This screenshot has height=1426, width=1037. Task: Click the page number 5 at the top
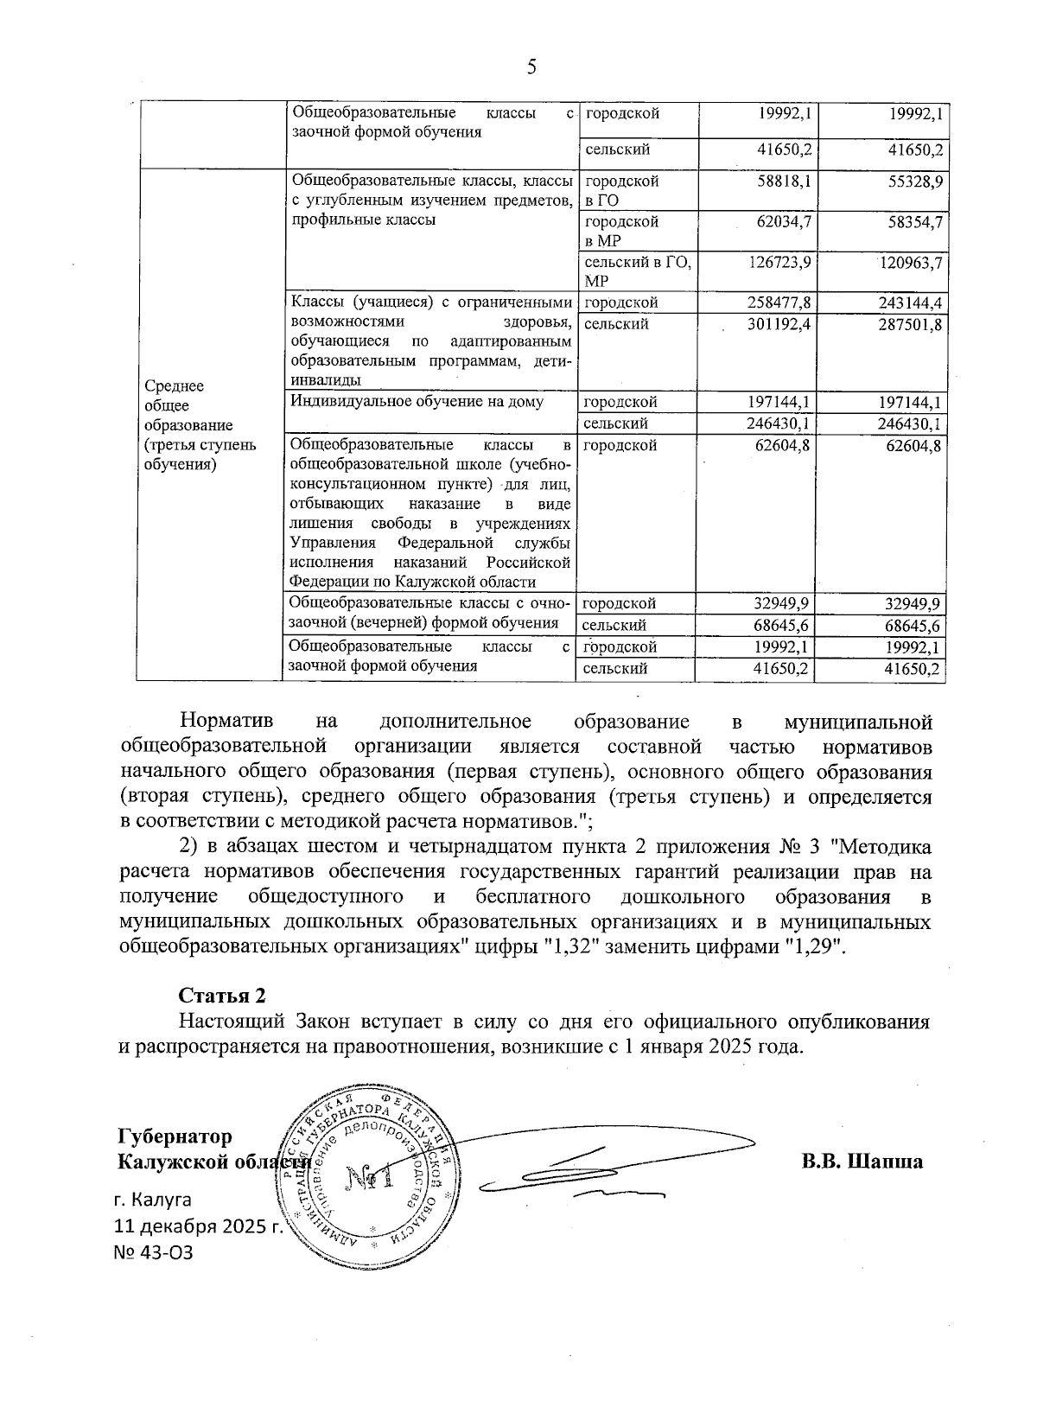531,67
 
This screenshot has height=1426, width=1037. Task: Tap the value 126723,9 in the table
779,262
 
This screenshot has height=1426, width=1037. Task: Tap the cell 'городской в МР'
621,231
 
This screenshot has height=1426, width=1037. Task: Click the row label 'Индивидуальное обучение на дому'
417,401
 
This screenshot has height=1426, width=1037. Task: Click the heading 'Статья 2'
222,995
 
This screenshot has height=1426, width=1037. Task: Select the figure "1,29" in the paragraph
812,946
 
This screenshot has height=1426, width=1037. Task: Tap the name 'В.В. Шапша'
862,1161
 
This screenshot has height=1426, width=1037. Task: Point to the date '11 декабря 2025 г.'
199,1225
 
